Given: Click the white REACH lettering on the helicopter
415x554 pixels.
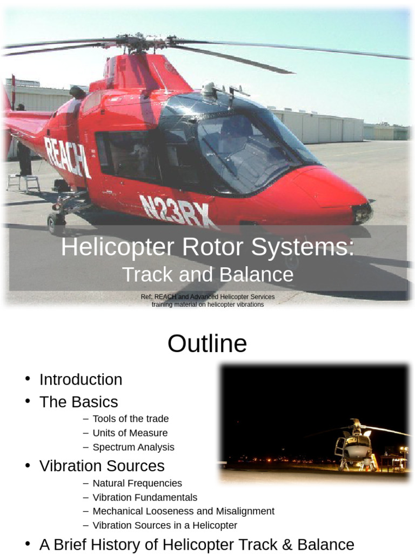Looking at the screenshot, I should coord(67,156).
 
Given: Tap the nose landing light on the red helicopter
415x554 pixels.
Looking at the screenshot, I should coord(362,213).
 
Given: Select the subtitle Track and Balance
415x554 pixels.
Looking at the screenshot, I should coord(207,275).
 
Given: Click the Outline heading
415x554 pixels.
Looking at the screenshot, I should coord(207,344).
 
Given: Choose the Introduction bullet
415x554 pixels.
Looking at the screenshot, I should coord(81,379).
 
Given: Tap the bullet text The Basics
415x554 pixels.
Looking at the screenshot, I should coord(78,402).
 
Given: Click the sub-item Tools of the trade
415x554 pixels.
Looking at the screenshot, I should coord(130,419).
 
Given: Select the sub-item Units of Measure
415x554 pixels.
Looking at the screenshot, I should coord(130,433).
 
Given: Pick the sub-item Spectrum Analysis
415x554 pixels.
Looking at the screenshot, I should coord(133,447).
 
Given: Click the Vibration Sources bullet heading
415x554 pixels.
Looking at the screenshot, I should coord(102,466).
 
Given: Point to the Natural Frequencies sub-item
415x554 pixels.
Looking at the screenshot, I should coord(137,483).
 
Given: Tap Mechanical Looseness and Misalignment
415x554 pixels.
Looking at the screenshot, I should coord(183,511).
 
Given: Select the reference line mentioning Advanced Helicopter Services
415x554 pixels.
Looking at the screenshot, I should coord(207,297).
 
